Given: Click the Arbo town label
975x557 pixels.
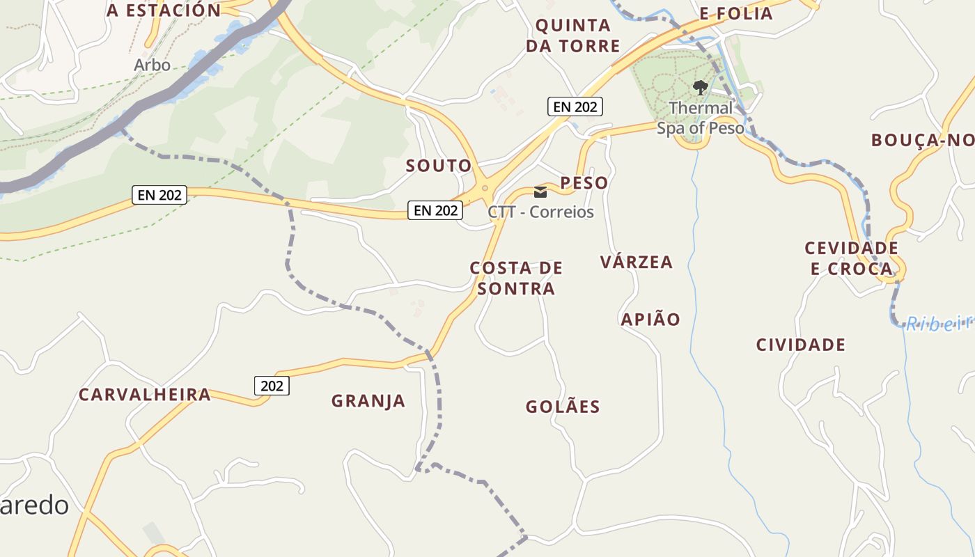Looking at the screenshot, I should click(x=152, y=65).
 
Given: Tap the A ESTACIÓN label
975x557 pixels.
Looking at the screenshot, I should click(x=164, y=10).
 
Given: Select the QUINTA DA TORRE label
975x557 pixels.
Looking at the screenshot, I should click(x=573, y=36).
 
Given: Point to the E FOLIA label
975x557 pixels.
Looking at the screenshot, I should click(x=736, y=13).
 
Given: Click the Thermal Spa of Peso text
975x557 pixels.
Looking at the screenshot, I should click(x=701, y=118).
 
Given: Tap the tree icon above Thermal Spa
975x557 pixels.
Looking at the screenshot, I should click(x=701, y=88).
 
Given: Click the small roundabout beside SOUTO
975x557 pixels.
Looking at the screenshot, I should click(x=485, y=187).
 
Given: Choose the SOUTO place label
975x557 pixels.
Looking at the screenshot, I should click(x=439, y=166).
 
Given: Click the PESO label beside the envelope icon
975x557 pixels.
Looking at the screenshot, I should click(x=584, y=183).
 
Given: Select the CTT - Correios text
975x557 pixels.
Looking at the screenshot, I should click(x=541, y=212).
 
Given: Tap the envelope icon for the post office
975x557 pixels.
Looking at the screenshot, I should click(x=540, y=192).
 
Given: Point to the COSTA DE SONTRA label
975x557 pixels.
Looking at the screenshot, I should click(x=515, y=278).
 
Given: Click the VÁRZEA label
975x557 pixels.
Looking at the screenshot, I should click(x=637, y=262).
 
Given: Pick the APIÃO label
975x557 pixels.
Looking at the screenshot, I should click(x=650, y=319).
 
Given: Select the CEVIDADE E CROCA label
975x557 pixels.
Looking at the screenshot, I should click(x=851, y=258).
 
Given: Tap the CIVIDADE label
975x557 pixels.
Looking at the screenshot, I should click(x=801, y=345).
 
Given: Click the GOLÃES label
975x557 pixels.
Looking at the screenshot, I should click(x=563, y=407).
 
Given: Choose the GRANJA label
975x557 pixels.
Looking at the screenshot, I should click(x=368, y=401).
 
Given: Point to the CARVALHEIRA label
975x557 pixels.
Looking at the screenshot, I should click(x=144, y=395).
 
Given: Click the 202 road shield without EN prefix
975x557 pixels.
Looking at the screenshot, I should click(x=271, y=385).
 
